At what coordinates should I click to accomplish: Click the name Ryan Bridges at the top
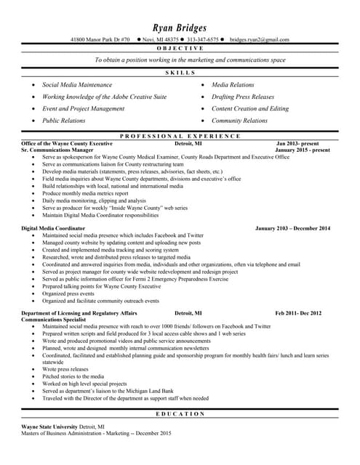180,27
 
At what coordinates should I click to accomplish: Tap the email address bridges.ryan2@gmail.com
259,39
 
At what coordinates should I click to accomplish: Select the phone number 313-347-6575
202,39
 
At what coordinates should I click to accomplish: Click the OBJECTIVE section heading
180,47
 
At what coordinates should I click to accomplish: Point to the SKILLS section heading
180,73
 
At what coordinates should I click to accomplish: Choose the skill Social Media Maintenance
77,85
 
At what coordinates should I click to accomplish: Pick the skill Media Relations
233,85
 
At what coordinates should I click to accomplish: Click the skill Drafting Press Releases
243,97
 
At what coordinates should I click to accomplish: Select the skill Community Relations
239,121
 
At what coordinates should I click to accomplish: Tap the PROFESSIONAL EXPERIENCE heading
180,136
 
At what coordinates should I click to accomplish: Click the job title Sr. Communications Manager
63,150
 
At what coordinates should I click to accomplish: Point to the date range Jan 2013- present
297,144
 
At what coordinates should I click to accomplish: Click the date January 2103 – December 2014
292,227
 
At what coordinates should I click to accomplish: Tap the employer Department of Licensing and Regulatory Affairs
79,312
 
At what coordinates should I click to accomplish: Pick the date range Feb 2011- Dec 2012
297,312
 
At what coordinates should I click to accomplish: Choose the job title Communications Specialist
59,319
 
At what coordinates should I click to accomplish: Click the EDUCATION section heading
180,413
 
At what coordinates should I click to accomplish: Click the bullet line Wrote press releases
65,369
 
